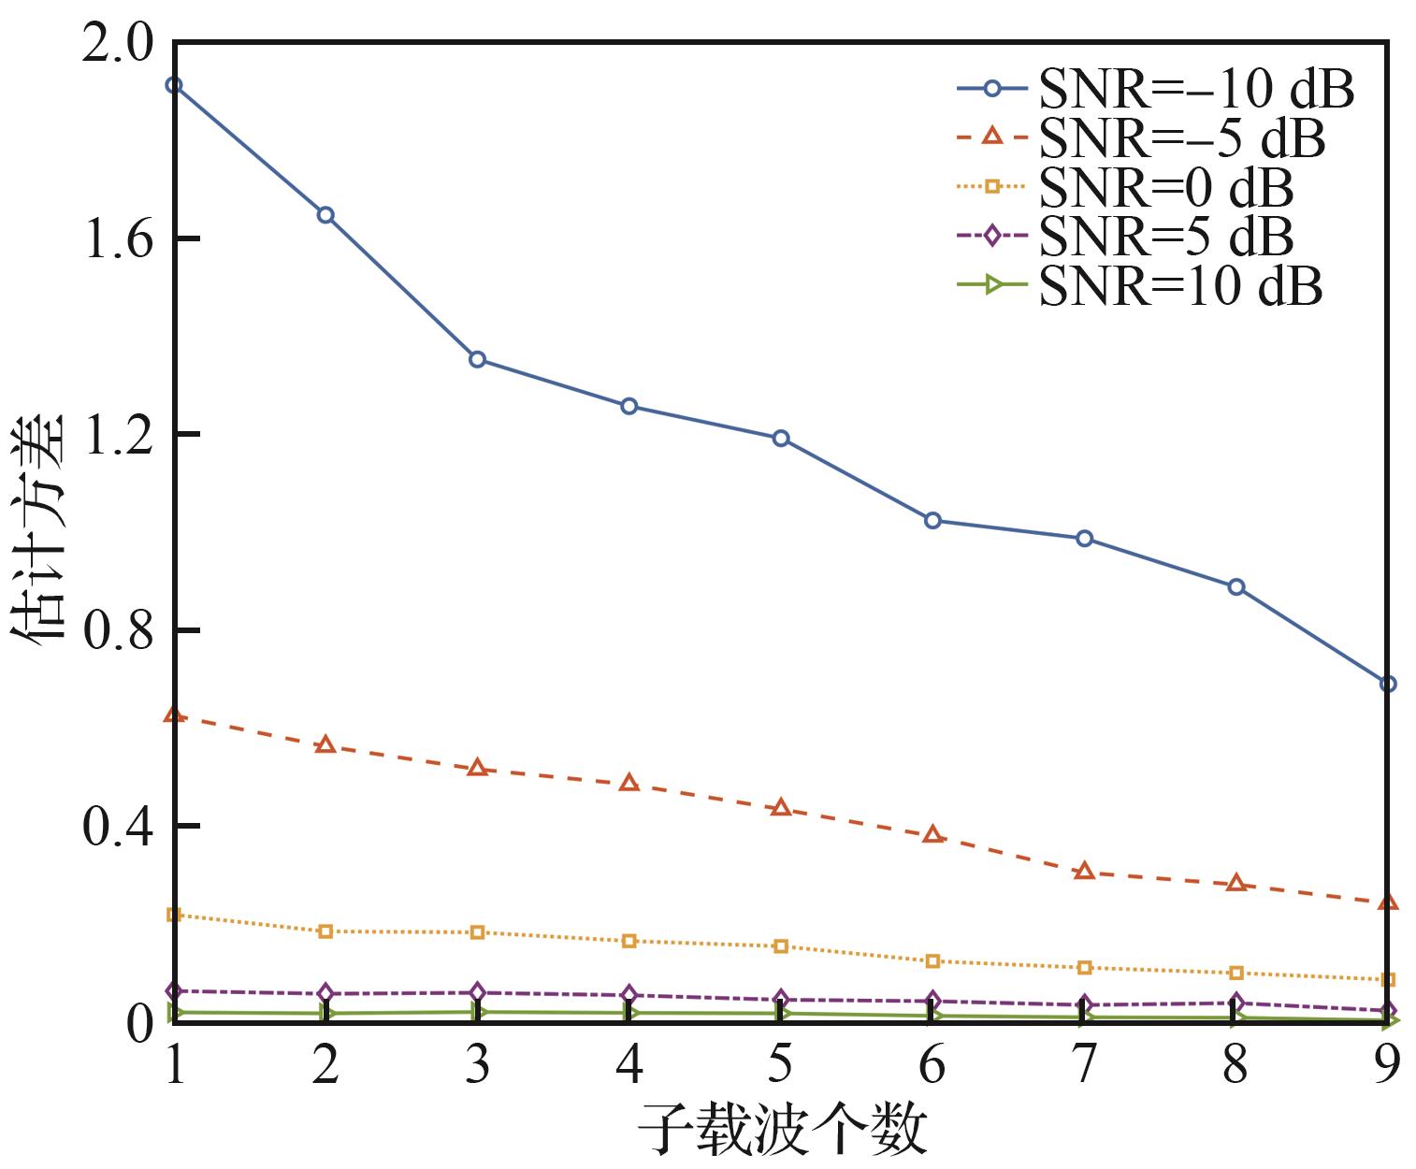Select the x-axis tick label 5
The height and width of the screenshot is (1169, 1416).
click(780, 1064)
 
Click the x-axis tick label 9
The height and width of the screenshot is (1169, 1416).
click(1387, 1064)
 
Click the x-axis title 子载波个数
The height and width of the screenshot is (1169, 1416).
click(782, 1129)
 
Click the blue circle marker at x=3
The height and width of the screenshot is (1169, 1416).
click(477, 359)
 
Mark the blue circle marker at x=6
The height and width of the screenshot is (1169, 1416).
click(932, 521)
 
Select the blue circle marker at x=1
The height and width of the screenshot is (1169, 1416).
click(174, 85)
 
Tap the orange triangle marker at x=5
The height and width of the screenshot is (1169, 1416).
click(781, 807)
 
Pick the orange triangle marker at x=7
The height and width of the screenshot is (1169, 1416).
click(1084, 871)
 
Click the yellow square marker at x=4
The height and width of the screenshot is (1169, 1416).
click(629, 941)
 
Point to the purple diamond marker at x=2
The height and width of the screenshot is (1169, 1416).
click(325, 993)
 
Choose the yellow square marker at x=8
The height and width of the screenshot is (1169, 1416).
click(1235, 973)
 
